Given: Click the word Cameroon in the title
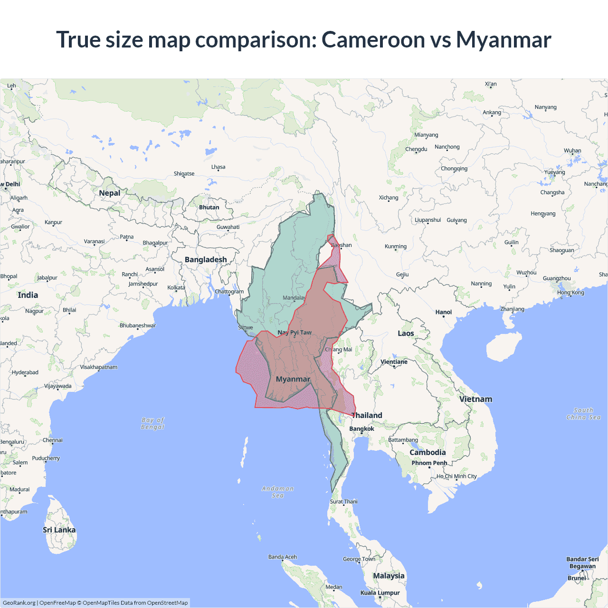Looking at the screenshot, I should click(x=373, y=39).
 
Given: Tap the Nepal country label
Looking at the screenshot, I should click(x=109, y=193).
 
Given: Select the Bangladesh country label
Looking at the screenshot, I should click(x=206, y=259).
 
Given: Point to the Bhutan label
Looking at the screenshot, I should click(x=209, y=207).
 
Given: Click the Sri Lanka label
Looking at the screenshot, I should click(x=59, y=530).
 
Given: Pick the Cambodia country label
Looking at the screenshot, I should click(x=427, y=452).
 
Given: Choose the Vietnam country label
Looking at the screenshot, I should click(x=475, y=399).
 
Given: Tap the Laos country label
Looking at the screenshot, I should click(x=406, y=333).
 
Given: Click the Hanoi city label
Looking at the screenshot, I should click(x=444, y=312).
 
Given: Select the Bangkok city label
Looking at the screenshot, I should click(x=361, y=428).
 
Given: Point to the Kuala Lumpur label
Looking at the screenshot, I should click(x=380, y=592).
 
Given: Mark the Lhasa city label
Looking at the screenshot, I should click(x=218, y=167).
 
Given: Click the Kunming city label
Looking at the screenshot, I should click(x=396, y=246).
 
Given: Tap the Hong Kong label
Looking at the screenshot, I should click(x=570, y=292).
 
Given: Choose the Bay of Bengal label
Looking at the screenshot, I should click(x=152, y=423).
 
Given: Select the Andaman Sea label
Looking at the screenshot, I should click(x=278, y=492).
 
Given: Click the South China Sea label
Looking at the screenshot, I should click(x=583, y=413).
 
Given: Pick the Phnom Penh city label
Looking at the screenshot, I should click(x=429, y=463).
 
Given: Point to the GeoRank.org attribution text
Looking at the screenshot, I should click(x=19, y=603).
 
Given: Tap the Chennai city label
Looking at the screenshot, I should click(x=52, y=440).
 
